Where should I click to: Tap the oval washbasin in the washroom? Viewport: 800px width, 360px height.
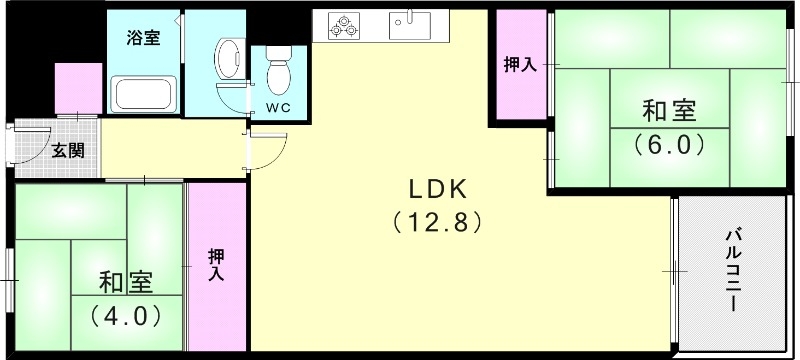pos(228,55)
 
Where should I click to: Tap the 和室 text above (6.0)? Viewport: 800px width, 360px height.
pos(669,109)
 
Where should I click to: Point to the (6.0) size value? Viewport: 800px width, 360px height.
pos(669,144)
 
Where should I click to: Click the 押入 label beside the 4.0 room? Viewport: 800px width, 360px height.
pos(216,264)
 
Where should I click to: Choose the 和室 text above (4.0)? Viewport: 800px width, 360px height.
pos(124,281)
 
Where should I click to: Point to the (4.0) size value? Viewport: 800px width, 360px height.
pos(125,315)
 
